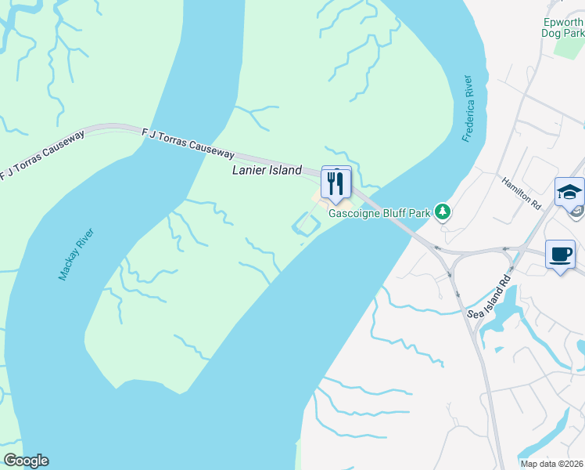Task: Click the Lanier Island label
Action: point(267,170)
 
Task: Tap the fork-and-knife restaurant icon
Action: point(336,183)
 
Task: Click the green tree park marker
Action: point(443,211)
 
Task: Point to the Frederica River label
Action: point(468,109)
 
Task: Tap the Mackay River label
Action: point(76,255)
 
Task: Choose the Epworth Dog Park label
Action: point(562,27)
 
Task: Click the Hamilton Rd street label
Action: point(522,191)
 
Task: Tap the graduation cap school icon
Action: point(568,191)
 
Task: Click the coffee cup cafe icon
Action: point(560,254)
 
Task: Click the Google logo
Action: point(26,461)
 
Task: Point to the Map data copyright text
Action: point(551,462)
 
